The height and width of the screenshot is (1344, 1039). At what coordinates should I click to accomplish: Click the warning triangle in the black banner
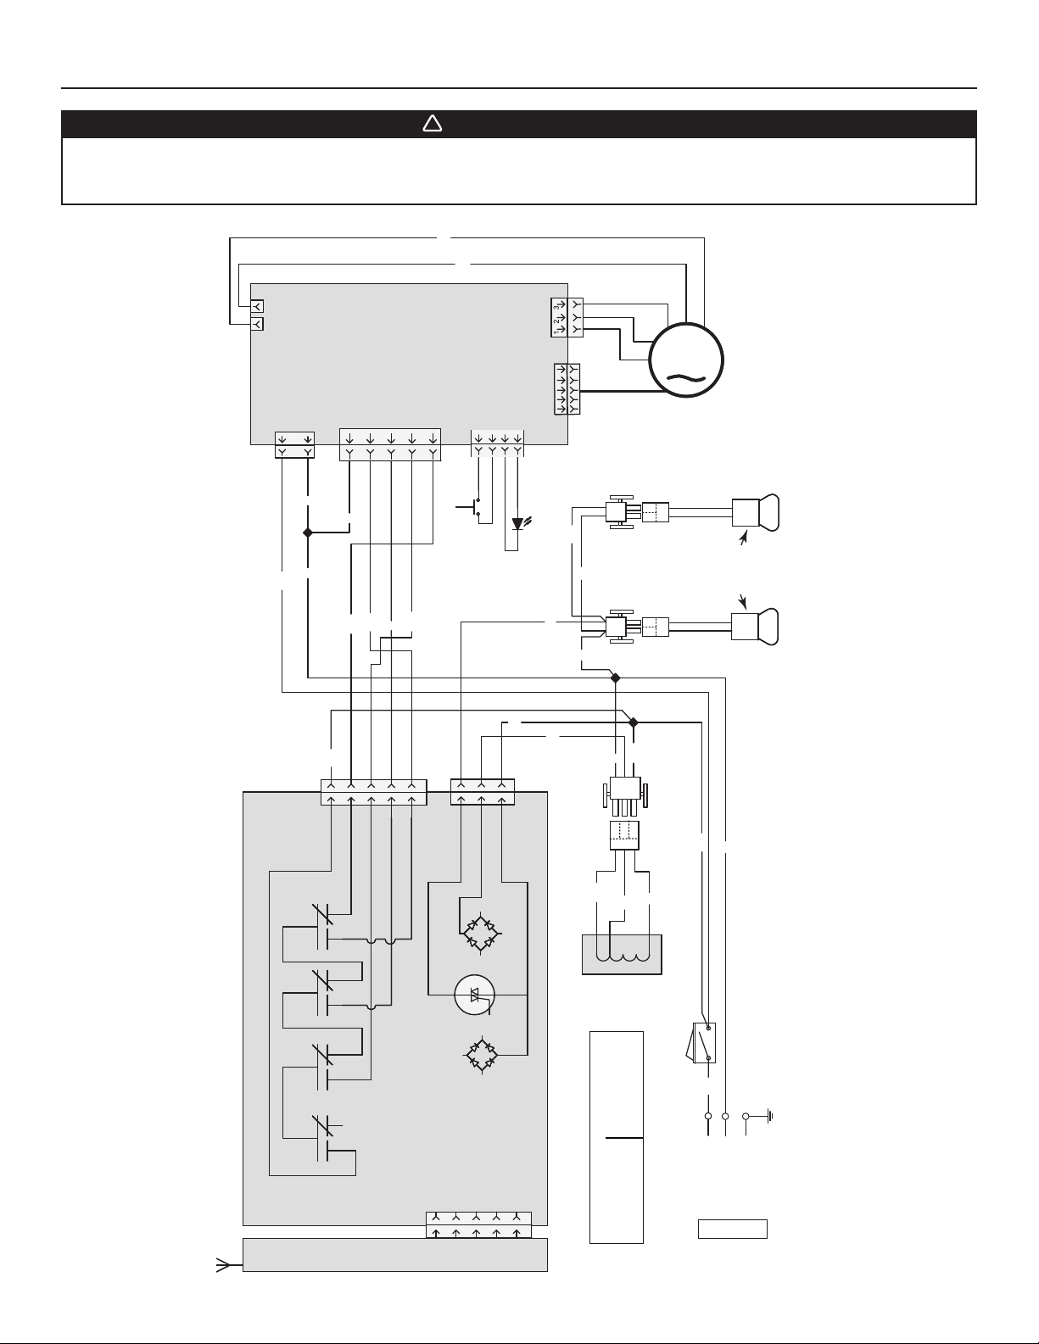433,125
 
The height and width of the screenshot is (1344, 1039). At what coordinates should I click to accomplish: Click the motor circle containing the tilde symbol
686,360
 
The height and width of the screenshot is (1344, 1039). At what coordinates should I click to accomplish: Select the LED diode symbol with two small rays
519,524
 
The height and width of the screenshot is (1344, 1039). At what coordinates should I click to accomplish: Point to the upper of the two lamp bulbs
755,513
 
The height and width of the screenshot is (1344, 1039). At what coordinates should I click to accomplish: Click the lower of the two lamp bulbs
755,627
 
